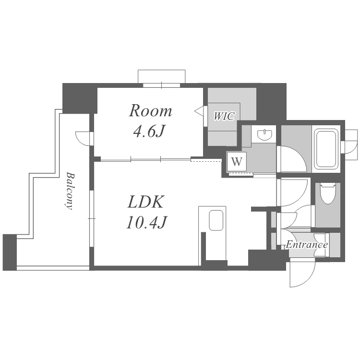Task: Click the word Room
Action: pyautogui.click(x=150, y=111)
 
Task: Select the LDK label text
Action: pyautogui.click(x=146, y=202)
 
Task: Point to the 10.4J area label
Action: pyautogui.click(x=146, y=222)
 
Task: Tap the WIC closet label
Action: pyautogui.click(x=224, y=116)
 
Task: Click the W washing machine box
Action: pyautogui.click(x=237, y=162)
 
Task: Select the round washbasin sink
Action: pyautogui.click(x=264, y=135)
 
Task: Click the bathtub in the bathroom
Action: pyautogui.click(x=326, y=148)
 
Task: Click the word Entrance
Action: pyautogui.click(x=307, y=244)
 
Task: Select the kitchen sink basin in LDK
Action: pyautogui.click(x=216, y=220)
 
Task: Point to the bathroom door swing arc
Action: pyautogui.click(x=299, y=154)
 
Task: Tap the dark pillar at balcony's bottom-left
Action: pyautogui.click(x=10, y=252)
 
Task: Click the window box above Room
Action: pyautogui.click(x=162, y=76)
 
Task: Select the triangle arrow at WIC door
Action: pyautogui.click(x=199, y=111)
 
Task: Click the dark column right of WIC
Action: pyautogui.click(x=271, y=103)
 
